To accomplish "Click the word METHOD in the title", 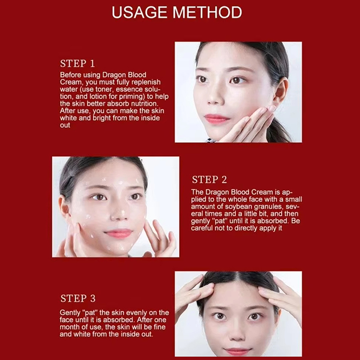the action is pyautogui.click(x=207, y=13).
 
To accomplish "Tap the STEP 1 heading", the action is pyautogui.click(x=77, y=63).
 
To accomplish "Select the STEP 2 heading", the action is pyautogui.click(x=209, y=180).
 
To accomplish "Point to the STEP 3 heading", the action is pyautogui.click(x=78, y=298).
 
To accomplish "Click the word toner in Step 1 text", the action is pyautogui.click(x=105, y=89).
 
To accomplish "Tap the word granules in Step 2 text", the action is pyautogui.click(x=268, y=207).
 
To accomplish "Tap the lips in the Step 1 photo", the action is pyautogui.click(x=216, y=119).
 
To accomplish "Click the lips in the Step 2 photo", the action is pyautogui.click(x=118, y=234).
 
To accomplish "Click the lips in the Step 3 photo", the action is pyautogui.click(x=237, y=351).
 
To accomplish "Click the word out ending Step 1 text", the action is pyautogui.click(x=65, y=126).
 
